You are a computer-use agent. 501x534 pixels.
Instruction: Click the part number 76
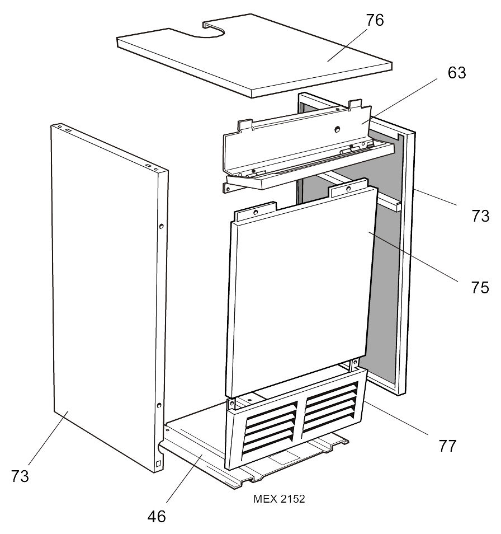(x=375, y=21)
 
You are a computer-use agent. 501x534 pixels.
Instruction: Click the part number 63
(x=456, y=73)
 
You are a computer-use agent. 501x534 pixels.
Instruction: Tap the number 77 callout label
(x=447, y=446)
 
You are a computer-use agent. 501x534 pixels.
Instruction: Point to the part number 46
(x=157, y=516)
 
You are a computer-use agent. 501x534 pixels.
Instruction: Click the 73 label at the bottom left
(x=20, y=476)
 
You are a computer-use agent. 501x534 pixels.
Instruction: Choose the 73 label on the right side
(x=480, y=216)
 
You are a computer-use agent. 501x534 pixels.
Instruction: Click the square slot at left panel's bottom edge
(x=159, y=463)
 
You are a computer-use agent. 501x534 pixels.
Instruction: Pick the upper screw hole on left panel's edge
(x=161, y=226)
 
